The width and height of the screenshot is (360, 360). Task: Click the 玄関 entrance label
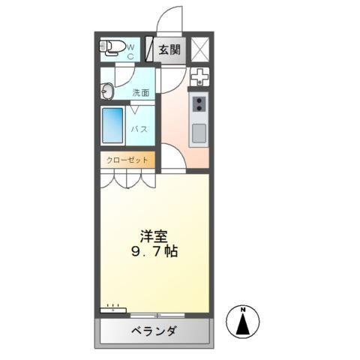(x=169, y=50)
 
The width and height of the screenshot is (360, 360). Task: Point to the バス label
(x=140, y=129)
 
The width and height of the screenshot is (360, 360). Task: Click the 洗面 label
(x=141, y=93)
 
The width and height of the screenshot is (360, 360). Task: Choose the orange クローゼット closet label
(x=127, y=160)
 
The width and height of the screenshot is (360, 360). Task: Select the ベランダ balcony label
(x=153, y=331)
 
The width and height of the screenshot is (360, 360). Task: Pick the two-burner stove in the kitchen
(x=199, y=103)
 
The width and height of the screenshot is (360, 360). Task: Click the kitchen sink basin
(x=199, y=133)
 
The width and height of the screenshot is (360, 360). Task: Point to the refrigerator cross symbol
(x=199, y=76)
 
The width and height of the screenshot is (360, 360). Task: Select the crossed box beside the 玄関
(x=199, y=49)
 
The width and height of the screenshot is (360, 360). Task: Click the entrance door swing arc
(x=169, y=19)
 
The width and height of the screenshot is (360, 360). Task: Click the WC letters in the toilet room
(x=129, y=49)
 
